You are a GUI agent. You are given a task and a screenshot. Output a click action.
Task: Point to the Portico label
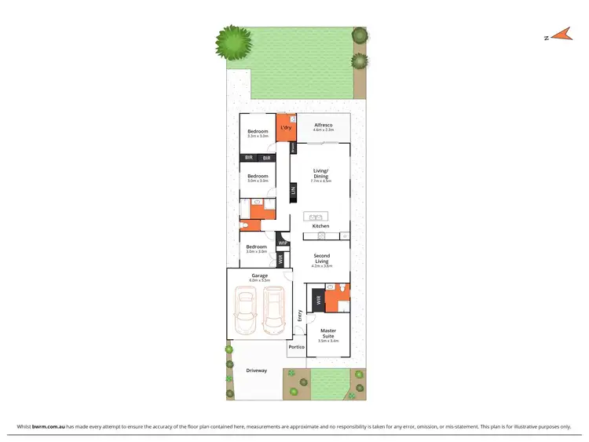tap(296, 346)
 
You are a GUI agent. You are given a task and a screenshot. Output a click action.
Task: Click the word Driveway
tap(256, 371)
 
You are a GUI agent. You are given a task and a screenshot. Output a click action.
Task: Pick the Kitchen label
tap(320, 226)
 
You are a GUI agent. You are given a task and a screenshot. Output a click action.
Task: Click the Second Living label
tap(322, 258)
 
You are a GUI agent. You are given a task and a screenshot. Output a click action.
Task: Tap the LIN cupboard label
tap(293, 190)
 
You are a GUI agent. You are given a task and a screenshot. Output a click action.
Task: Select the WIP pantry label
tap(283, 243)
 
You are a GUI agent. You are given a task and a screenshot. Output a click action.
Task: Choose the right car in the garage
tap(273, 308)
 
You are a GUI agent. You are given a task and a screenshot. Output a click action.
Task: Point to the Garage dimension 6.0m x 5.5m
tap(259, 280)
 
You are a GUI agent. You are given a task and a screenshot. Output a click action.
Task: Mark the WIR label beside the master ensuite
tap(318, 300)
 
